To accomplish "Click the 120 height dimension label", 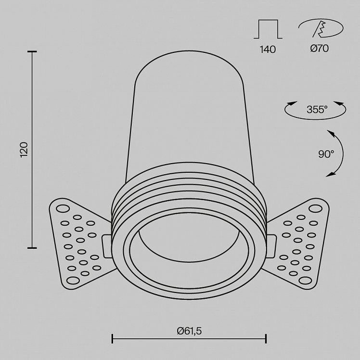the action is tap(24, 150).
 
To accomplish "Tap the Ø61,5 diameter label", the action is tap(189, 331).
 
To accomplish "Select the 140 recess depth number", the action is tap(268, 50).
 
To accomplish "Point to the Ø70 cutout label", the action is tap(320, 48).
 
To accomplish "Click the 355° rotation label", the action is tap(317, 109).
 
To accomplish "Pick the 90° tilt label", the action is tap(326, 154).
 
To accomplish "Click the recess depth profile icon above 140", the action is tap(268, 29).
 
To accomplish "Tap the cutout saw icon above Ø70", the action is tap(321, 28).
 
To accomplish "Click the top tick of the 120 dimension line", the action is tap(32, 51).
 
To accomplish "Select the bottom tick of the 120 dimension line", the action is tap(32, 248).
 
